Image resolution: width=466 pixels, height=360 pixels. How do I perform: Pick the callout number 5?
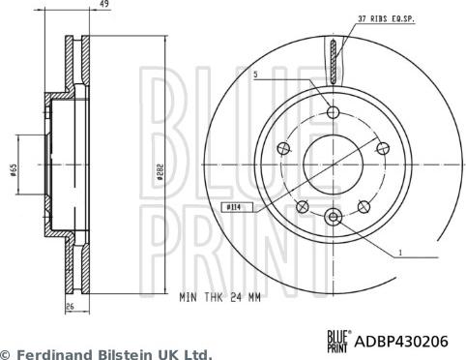pyautogui.click(x=255, y=74)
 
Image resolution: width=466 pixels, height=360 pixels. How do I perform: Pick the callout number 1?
pyautogui.click(x=398, y=254)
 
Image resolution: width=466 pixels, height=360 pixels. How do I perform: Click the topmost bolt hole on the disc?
pyautogui.click(x=332, y=113)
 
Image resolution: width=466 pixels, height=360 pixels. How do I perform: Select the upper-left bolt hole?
pyautogui.click(x=284, y=148)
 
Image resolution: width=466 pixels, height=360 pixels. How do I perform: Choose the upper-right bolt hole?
pyautogui.click(x=379, y=148)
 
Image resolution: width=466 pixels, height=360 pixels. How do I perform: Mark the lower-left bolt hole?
pyautogui.click(x=303, y=205)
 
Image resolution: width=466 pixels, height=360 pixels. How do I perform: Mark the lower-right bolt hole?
pyautogui.click(x=363, y=205)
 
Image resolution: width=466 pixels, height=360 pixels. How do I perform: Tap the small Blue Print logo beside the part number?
pyautogui.click(x=337, y=339)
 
